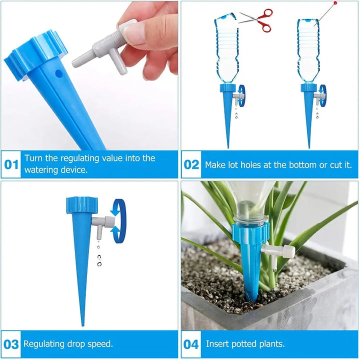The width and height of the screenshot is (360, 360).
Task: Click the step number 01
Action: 11,164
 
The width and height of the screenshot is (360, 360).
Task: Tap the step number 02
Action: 191,164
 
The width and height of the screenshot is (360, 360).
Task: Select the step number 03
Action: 11,344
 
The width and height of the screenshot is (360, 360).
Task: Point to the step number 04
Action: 191,344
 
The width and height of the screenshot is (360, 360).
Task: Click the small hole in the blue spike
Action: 59,73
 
